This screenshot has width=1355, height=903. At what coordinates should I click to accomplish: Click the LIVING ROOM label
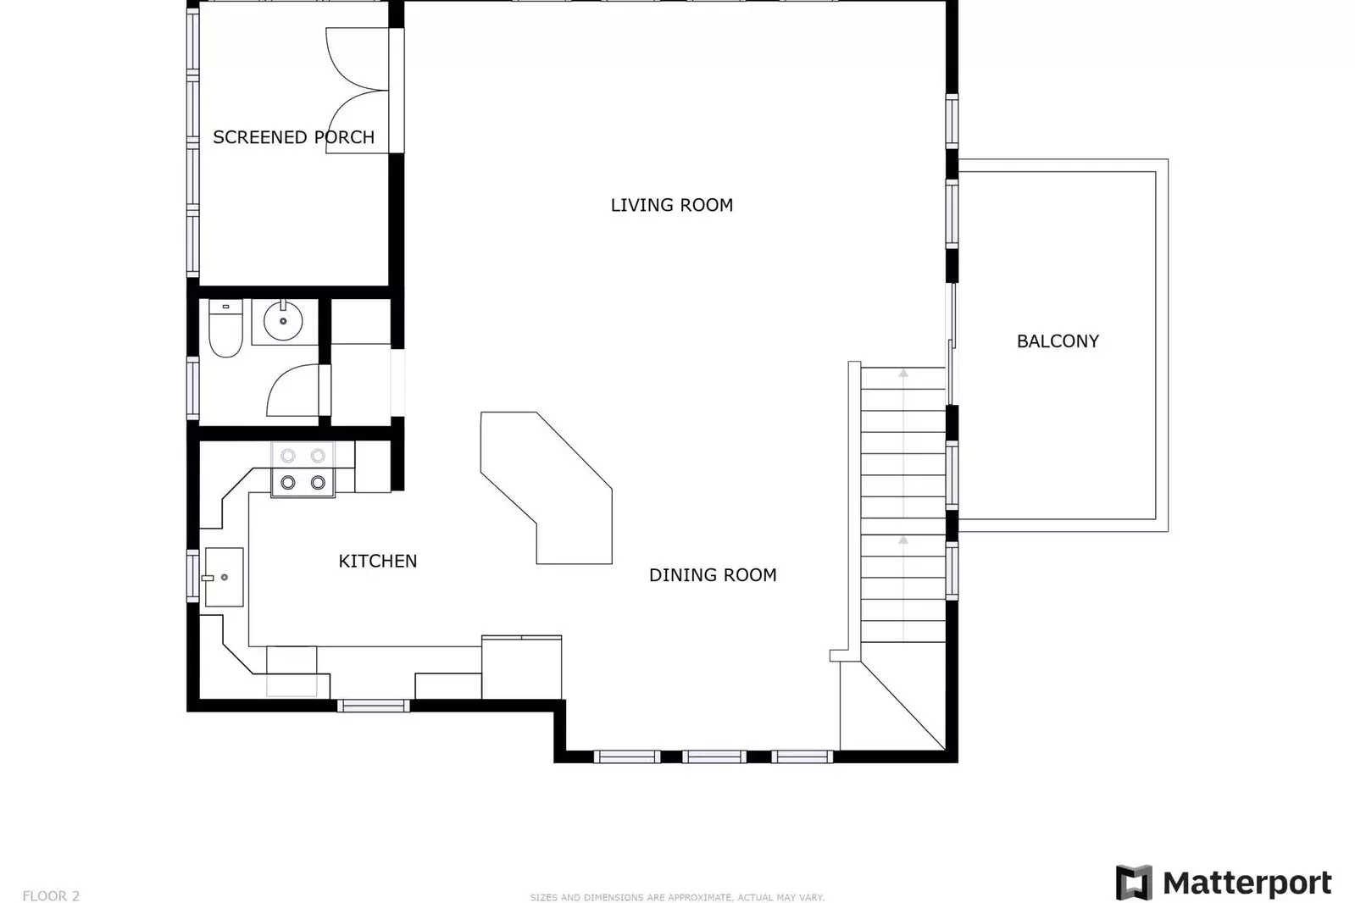pyautogui.click(x=671, y=205)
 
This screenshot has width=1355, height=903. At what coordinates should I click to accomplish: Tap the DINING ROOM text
pyautogui.click(x=712, y=575)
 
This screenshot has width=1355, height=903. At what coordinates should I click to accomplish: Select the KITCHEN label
pyautogui.click(x=377, y=561)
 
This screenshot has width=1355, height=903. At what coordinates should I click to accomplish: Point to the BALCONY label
pyautogui.click(x=1057, y=341)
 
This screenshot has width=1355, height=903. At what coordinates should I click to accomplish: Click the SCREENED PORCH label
pyautogui.click(x=293, y=137)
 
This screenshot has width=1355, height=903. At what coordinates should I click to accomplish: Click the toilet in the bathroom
pyautogui.click(x=225, y=330)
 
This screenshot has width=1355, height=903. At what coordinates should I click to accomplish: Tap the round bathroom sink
pyautogui.click(x=283, y=321)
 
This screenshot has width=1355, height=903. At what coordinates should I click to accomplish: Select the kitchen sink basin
pyautogui.click(x=225, y=577)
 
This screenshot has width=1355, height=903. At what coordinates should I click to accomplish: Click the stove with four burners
pyautogui.click(x=303, y=469)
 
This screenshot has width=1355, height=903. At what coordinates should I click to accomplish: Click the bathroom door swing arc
pyautogui.click(x=291, y=390)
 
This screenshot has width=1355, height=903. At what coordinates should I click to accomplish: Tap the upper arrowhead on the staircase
pyautogui.click(x=903, y=373)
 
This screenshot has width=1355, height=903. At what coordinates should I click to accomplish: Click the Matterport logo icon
pyautogui.click(x=1133, y=882)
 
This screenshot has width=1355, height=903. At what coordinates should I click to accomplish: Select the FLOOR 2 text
pyautogui.click(x=51, y=895)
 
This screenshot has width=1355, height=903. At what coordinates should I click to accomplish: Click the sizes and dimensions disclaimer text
pyautogui.click(x=676, y=897)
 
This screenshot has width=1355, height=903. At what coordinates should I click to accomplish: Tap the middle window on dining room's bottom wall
pyautogui.click(x=714, y=756)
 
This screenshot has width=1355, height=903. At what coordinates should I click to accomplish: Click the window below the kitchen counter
pyautogui.click(x=373, y=706)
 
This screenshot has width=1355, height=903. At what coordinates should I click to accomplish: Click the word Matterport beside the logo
pyautogui.click(x=1247, y=883)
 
